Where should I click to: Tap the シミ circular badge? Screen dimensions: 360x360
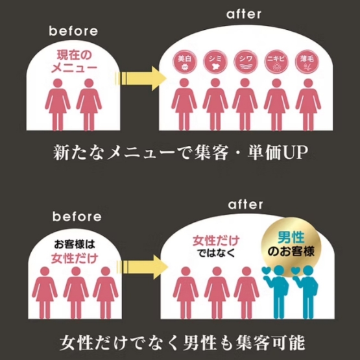click(x=215, y=62)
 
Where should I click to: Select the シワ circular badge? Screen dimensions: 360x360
click(x=246, y=62)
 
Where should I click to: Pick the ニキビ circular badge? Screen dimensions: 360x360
click(x=276, y=62)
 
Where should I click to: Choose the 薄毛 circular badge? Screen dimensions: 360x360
click(x=307, y=62)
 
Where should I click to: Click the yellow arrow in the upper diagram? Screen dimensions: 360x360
click(x=141, y=78)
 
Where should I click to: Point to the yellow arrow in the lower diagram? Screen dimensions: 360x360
click(x=142, y=267)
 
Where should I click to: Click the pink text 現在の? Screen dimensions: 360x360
click(x=74, y=55)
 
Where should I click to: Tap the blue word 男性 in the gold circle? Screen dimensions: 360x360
click(x=291, y=237)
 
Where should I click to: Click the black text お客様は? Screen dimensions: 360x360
click(x=75, y=245)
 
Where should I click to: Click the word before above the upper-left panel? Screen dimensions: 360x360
click(x=73, y=31)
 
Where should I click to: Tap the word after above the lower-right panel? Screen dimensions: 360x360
click(x=245, y=204)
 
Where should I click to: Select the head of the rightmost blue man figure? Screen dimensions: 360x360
click(x=308, y=270)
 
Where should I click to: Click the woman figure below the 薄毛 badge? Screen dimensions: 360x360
click(x=308, y=104)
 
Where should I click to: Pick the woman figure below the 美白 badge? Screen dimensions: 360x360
click(x=184, y=104)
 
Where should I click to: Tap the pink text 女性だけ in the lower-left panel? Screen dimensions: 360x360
click(x=75, y=259)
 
